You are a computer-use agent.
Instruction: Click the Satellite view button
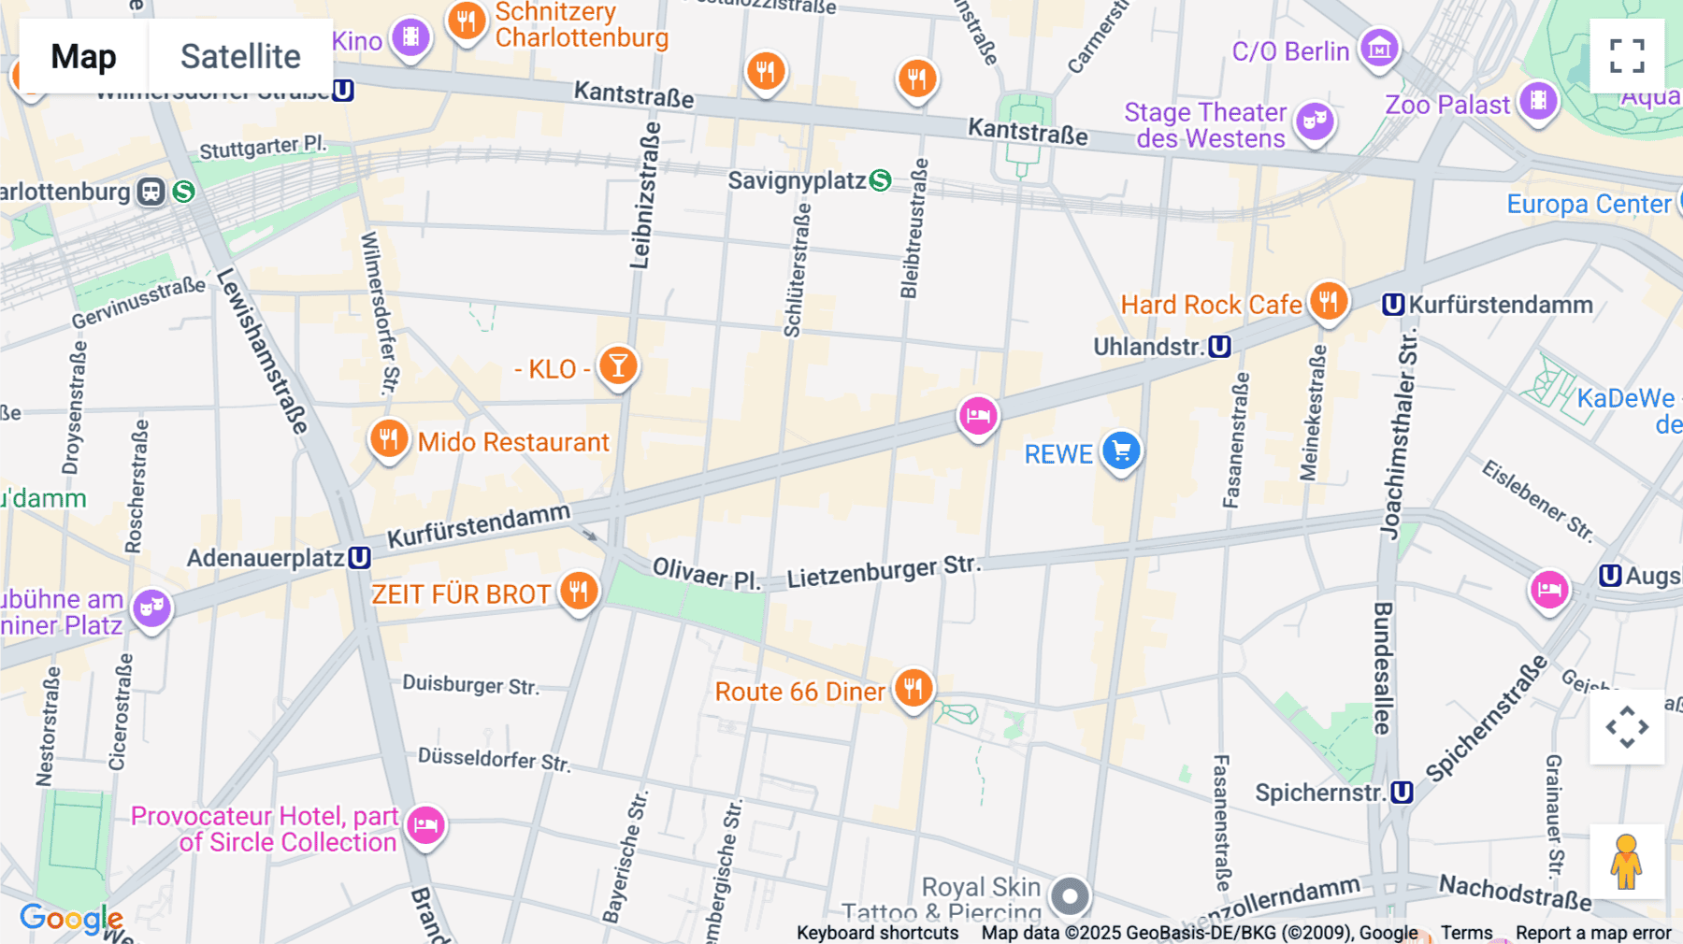coord(240,56)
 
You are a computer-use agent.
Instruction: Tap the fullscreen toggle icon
coord(1627,56)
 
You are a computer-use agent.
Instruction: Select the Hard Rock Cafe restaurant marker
coord(1328,301)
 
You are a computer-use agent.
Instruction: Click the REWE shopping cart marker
coord(1121,451)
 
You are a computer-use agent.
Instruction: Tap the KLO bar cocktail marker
coord(618,365)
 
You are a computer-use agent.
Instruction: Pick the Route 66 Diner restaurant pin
coord(913,689)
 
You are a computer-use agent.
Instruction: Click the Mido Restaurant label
coord(512,442)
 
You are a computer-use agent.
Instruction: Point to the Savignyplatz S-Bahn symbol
coord(880,180)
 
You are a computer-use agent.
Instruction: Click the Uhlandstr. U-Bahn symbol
coord(1219,347)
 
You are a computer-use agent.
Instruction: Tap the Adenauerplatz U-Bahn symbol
coord(359,558)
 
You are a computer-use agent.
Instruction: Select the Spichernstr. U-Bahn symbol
coord(1402,793)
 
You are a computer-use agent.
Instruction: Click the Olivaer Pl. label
coord(706,573)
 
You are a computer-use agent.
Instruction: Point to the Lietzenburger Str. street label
coord(883,571)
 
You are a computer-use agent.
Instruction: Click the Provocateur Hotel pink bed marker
coord(425,824)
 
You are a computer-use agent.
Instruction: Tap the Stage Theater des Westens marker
coord(1315,121)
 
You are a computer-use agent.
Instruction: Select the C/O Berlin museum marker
coord(1379,48)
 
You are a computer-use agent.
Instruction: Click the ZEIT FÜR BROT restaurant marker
coord(579,591)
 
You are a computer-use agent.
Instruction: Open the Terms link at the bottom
coord(1466,932)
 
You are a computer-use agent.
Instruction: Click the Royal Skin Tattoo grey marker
coord(1070,896)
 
